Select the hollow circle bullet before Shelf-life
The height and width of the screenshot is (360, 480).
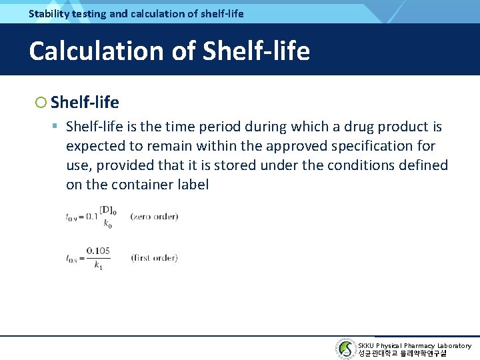pyautogui.click(x=41, y=103)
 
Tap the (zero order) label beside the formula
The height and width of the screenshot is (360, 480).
pyautogui.click(x=154, y=217)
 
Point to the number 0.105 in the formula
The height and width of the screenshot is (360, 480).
pyautogui.click(x=99, y=251)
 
